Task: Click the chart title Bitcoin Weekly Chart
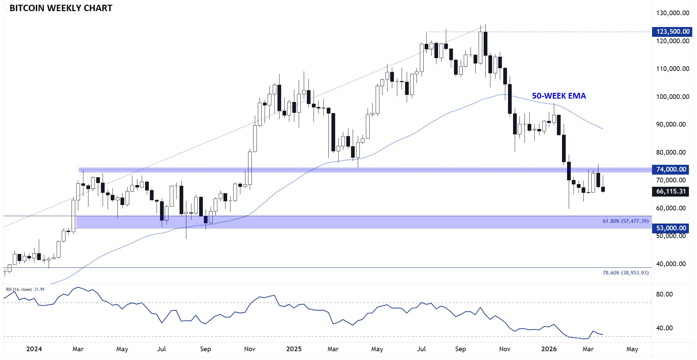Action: pos(61,8)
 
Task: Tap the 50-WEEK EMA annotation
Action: pos(559,96)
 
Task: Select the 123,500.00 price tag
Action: pos(673,32)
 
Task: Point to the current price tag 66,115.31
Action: pos(671,191)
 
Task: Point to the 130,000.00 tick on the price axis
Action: pos(672,13)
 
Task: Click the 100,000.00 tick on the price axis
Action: pos(672,97)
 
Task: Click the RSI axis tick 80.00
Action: pos(664,294)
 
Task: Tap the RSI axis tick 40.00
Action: pos(664,328)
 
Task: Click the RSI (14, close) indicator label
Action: pos(19,289)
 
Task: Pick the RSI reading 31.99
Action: pos(39,289)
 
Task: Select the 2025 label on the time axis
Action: pos(294,349)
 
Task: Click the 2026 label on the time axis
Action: pos(549,349)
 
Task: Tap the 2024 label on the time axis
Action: pos(34,349)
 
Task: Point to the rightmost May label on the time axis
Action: pos(632,349)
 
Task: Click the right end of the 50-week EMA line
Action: pos(602,129)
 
